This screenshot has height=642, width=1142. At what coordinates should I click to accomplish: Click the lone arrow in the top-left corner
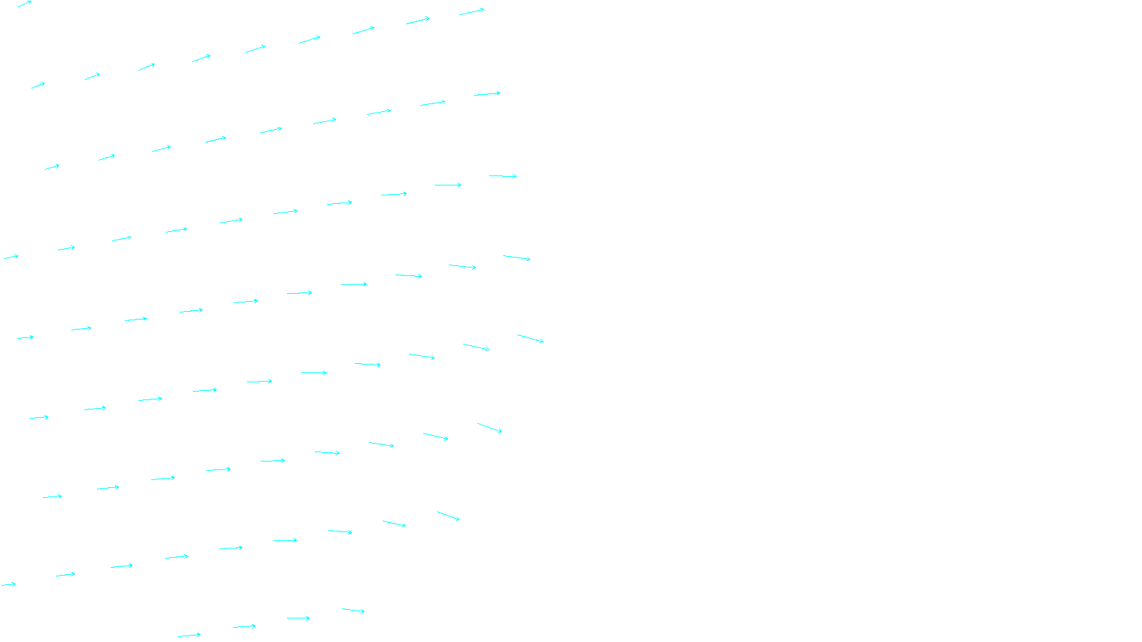[x=24, y=4]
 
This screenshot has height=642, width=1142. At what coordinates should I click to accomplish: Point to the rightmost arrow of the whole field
[x=530, y=338]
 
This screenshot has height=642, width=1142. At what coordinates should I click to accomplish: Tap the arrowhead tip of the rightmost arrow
[x=543, y=342]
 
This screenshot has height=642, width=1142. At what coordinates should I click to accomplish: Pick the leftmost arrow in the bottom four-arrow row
[x=189, y=635]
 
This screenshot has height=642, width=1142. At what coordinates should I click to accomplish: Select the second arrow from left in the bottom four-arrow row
[x=244, y=627]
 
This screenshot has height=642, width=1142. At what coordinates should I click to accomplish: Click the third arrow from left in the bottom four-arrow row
[x=298, y=618]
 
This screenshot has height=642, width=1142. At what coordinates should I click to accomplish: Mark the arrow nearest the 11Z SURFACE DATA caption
[x=353, y=611]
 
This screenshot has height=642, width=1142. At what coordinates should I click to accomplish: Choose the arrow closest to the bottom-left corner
[x=9, y=585]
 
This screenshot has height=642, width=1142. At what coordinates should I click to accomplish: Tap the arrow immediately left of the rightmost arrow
[x=476, y=347]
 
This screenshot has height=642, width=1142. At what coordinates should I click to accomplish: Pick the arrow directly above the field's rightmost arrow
[x=517, y=258]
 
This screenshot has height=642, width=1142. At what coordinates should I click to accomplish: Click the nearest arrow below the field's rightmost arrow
[x=490, y=428]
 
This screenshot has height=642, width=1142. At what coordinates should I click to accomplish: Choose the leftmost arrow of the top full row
[x=38, y=86]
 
